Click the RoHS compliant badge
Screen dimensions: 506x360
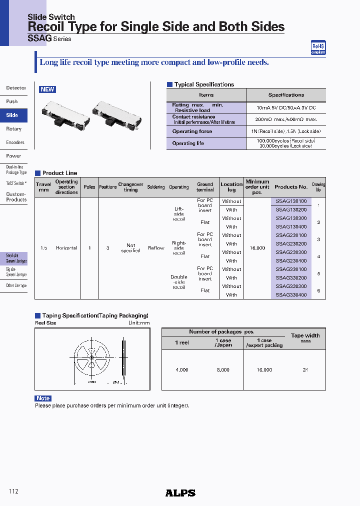pos(318,47)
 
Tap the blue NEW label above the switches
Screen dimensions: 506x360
pos(47,89)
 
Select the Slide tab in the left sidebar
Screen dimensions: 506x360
pos(12,115)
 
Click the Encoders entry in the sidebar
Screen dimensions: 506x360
pos(15,142)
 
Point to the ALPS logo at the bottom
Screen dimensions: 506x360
pos(180,493)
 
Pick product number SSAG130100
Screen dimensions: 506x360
pos(291,201)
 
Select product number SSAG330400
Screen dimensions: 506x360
pos(291,295)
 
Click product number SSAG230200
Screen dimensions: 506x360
pos(291,244)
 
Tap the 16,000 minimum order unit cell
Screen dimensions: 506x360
pos(257,248)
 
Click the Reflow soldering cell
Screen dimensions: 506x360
pos(156,248)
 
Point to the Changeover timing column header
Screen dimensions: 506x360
pos(130,187)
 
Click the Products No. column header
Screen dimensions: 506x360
pos(291,187)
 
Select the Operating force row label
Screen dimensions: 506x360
pos(192,131)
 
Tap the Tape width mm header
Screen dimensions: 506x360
pos(305,338)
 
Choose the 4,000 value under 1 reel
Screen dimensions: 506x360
pos(182,370)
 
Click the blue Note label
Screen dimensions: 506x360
pos(43,398)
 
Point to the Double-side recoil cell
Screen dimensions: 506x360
pos(179,282)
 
